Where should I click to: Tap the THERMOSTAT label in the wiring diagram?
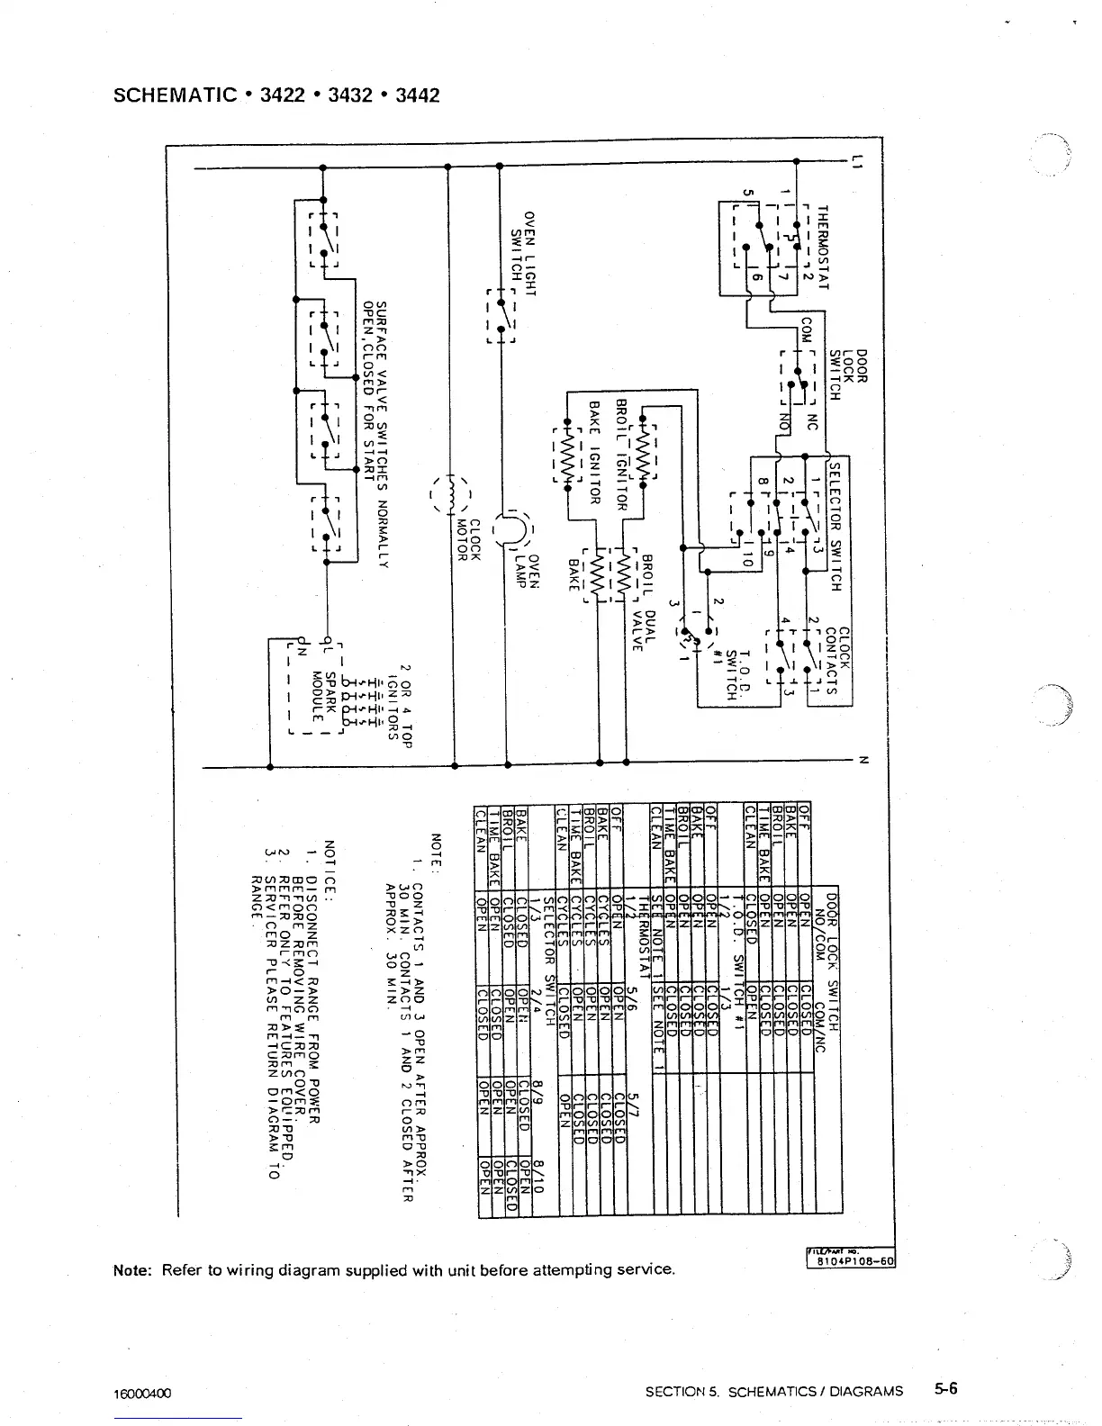[822, 247]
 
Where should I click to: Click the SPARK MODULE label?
[323, 696]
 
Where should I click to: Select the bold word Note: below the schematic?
[133, 1270]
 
